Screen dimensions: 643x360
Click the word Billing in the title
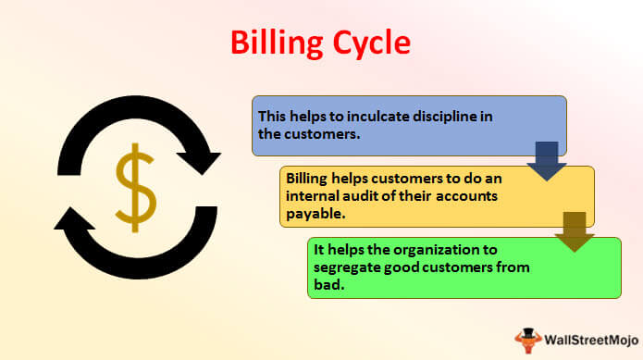click(x=277, y=43)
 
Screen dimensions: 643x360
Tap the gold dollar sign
click(x=135, y=188)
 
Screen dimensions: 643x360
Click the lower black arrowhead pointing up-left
click(x=73, y=218)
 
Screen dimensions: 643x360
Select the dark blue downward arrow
click(x=547, y=161)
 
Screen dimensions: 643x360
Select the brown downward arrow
click(x=575, y=231)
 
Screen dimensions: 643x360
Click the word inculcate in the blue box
click(x=377, y=117)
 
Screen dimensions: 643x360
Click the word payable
click(x=315, y=214)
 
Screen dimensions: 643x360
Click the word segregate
click(x=347, y=268)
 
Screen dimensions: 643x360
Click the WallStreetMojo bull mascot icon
click(x=528, y=340)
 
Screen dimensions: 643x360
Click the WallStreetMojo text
click(x=591, y=340)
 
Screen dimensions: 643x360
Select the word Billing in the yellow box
click(x=306, y=180)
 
